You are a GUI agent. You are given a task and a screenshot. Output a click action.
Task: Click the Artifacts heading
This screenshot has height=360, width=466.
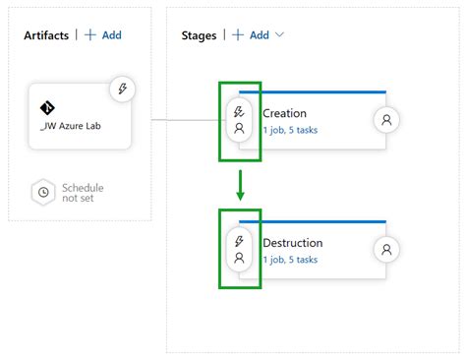(46, 35)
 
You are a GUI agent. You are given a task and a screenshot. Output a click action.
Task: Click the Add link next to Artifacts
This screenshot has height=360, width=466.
(103, 35)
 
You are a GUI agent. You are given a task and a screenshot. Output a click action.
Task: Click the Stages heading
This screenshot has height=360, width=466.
(200, 35)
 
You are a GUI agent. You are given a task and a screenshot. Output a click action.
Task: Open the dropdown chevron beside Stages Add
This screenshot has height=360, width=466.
(280, 35)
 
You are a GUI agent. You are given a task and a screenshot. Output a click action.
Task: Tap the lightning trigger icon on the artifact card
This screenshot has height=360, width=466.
(123, 88)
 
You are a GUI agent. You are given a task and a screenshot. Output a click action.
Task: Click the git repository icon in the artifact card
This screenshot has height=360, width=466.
(46, 107)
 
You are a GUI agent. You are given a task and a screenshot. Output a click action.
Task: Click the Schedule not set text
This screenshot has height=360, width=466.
(83, 193)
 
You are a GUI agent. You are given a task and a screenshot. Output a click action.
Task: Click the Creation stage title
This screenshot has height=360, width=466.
(284, 113)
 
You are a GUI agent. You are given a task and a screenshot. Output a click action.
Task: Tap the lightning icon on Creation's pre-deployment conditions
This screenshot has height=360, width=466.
(239, 112)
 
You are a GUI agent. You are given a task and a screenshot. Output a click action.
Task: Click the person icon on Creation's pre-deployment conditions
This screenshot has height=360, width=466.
(239, 128)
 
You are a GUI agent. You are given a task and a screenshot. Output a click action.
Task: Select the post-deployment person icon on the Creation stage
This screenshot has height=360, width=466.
(387, 120)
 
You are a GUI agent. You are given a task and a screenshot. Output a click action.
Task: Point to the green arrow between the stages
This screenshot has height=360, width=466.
(240, 185)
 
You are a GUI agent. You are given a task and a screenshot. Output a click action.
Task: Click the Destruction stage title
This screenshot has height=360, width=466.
(292, 243)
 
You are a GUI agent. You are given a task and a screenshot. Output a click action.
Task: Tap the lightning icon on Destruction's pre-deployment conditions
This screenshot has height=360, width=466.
(239, 242)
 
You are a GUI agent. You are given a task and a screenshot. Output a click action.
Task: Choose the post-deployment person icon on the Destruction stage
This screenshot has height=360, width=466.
(387, 250)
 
